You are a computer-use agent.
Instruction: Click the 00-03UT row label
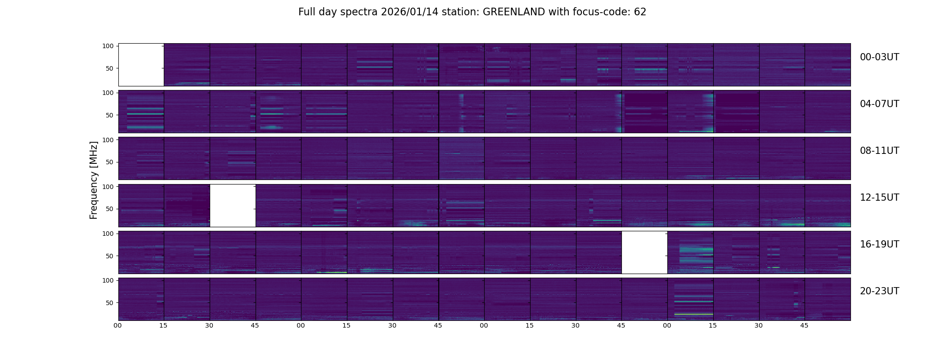[x=879, y=57]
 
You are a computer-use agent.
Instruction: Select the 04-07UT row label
[x=879, y=104]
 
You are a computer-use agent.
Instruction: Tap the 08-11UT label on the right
[x=879, y=151]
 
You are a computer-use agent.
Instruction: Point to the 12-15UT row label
[x=879, y=198]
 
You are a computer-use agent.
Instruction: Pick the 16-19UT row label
[x=879, y=244]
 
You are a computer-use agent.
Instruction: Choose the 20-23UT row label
[x=879, y=291]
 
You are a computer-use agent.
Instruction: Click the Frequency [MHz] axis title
[x=94, y=180]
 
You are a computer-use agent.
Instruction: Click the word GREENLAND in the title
[x=514, y=12]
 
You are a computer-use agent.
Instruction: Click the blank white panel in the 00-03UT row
[x=141, y=65]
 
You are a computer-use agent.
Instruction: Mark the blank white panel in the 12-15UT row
[x=233, y=205]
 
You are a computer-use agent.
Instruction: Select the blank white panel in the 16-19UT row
[x=644, y=252]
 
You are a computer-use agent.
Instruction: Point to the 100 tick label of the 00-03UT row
[x=108, y=46]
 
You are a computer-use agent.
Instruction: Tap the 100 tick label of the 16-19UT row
[x=108, y=234]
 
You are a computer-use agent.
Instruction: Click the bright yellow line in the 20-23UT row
[x=693, y=314]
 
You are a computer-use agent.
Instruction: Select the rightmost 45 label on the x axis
[x=804, y=325]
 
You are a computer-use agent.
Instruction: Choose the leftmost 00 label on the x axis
[x=118, y=325]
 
